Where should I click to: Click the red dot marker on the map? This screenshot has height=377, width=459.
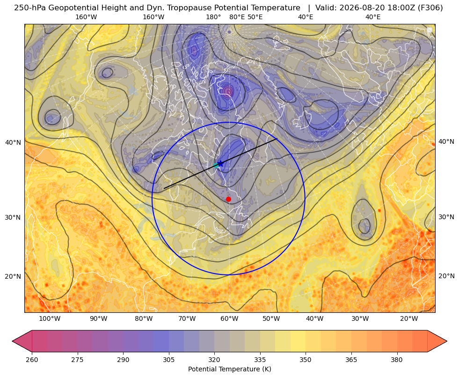tap(228, 199)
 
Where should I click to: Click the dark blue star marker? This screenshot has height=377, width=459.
tap(220, 164)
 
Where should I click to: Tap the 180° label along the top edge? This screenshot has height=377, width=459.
tap(213, 17)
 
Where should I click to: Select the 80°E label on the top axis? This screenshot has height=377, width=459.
tap(237, 17)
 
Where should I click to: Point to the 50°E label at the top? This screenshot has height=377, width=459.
tap(255, 17)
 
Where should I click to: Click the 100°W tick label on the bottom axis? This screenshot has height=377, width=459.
tap(50, 318)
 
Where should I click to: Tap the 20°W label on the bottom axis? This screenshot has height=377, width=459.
tap(409, 318)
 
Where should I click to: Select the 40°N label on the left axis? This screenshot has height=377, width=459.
tap(13, 142)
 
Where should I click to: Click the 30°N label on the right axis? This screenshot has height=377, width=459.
tap(446, 217)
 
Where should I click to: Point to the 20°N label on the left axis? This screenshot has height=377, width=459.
tap(13, 276)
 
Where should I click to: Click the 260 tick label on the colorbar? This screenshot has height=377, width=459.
tap(32, 360)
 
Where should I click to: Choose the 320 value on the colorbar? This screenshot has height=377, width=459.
tap(214, 360)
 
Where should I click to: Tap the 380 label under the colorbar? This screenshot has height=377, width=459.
tap(397, 360)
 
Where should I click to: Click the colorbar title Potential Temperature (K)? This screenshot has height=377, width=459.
tap(229, 369)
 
